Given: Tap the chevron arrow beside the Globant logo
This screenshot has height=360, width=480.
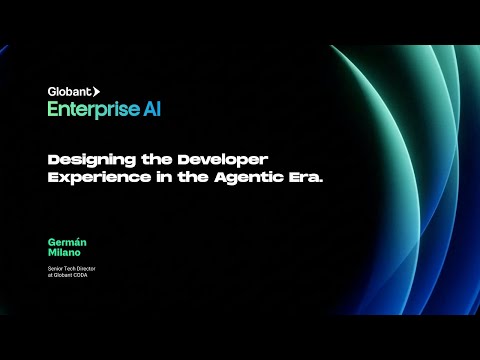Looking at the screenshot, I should (x=96, y=92).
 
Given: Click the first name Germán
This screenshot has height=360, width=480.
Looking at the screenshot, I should (x=62, y=242).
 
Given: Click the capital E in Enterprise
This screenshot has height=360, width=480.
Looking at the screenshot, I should (x=52, y=110).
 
